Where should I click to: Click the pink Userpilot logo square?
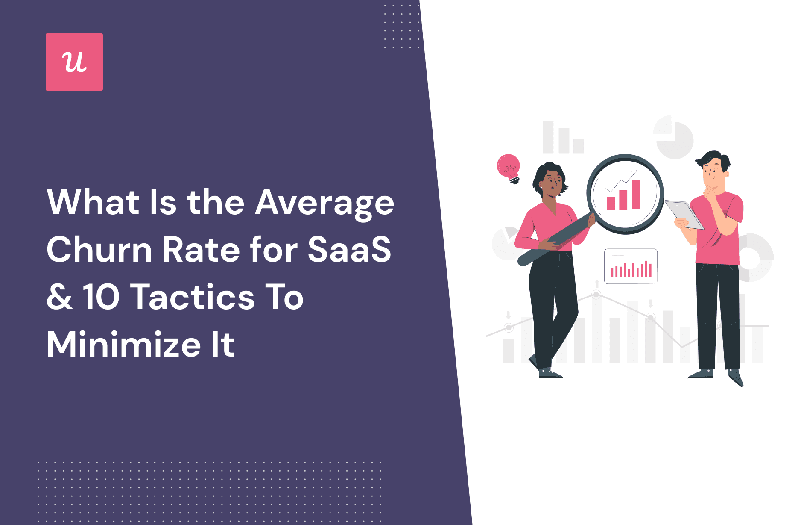74,62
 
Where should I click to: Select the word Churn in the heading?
99,250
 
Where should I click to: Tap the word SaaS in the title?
349,250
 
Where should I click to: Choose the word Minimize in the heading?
124,345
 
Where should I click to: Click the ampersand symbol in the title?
60,297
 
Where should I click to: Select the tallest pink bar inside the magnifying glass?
636,195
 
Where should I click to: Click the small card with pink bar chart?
631,266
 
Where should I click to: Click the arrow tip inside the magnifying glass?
636,172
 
